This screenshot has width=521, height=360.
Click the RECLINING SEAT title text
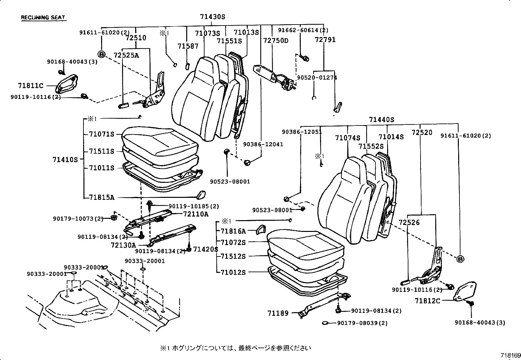pos(43,17)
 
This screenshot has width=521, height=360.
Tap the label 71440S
pos(382,120)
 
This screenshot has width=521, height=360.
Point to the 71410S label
pos(65,160)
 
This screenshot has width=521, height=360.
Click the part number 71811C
pos(31,86)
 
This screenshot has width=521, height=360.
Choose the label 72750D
pos(276,41)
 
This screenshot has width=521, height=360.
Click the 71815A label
pos(101,198)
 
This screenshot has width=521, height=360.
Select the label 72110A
pos(195,214)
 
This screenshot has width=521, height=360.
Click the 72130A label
pos(123,245)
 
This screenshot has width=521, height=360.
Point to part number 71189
pos(278,313)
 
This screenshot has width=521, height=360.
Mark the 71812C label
pos(427,301)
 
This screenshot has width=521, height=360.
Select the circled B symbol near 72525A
pos(101,54)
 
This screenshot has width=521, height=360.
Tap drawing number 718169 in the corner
pos(510,355)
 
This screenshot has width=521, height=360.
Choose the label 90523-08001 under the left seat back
pos(230,181)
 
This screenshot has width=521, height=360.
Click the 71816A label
pos(233,231)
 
